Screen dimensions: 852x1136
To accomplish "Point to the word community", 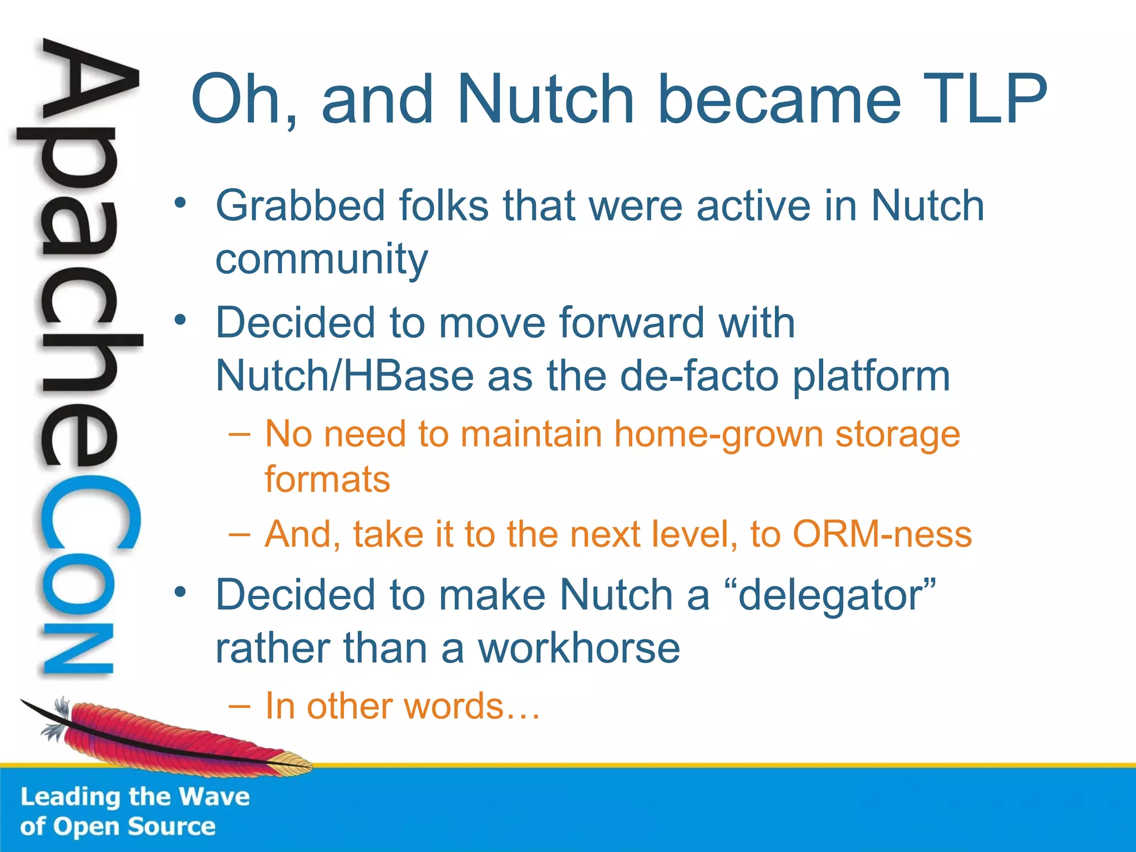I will click(x=322, y=260).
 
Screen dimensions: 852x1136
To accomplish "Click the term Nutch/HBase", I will click(x=344, y=376).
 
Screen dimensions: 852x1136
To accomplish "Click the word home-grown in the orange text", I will click(x=718, y=434).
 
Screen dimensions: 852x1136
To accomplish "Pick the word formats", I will click(x=327, y=479).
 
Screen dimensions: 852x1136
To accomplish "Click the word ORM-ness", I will click(x=882, y=534).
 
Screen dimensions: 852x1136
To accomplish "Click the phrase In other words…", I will click(x=403, y=706).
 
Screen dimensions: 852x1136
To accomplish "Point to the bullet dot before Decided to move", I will click(x=179, y=320).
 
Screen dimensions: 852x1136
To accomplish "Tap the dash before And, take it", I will click(x=239, y=534).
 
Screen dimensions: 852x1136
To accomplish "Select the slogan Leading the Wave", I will click(x=135, y=797).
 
